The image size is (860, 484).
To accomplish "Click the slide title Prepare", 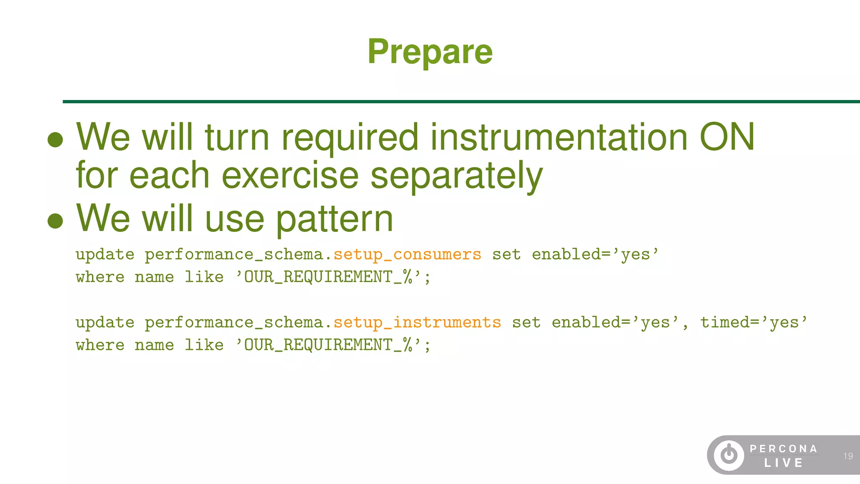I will coord(430,52).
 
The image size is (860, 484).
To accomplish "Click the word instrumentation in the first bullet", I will coord(558,137).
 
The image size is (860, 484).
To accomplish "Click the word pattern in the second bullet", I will coord(335,218).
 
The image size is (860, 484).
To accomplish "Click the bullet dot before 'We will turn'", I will coord(55,140).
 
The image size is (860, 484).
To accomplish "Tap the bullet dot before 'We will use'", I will coord(55,221).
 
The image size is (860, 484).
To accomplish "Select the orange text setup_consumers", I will coord(407,255).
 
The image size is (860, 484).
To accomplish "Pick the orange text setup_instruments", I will coord(417,323).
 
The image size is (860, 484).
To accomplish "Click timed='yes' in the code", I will coord(753,323).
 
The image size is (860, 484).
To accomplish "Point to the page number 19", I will coord(848,456).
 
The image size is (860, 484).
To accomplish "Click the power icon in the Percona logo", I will coord(729,455).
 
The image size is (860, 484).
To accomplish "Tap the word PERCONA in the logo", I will coord(784,449).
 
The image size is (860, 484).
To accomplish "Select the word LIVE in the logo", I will coord(784,463).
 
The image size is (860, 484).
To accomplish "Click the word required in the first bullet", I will coord(350,138).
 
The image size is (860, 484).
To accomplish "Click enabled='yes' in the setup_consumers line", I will coord(595,255).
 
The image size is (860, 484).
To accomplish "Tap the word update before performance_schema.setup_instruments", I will coord(105,323).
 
